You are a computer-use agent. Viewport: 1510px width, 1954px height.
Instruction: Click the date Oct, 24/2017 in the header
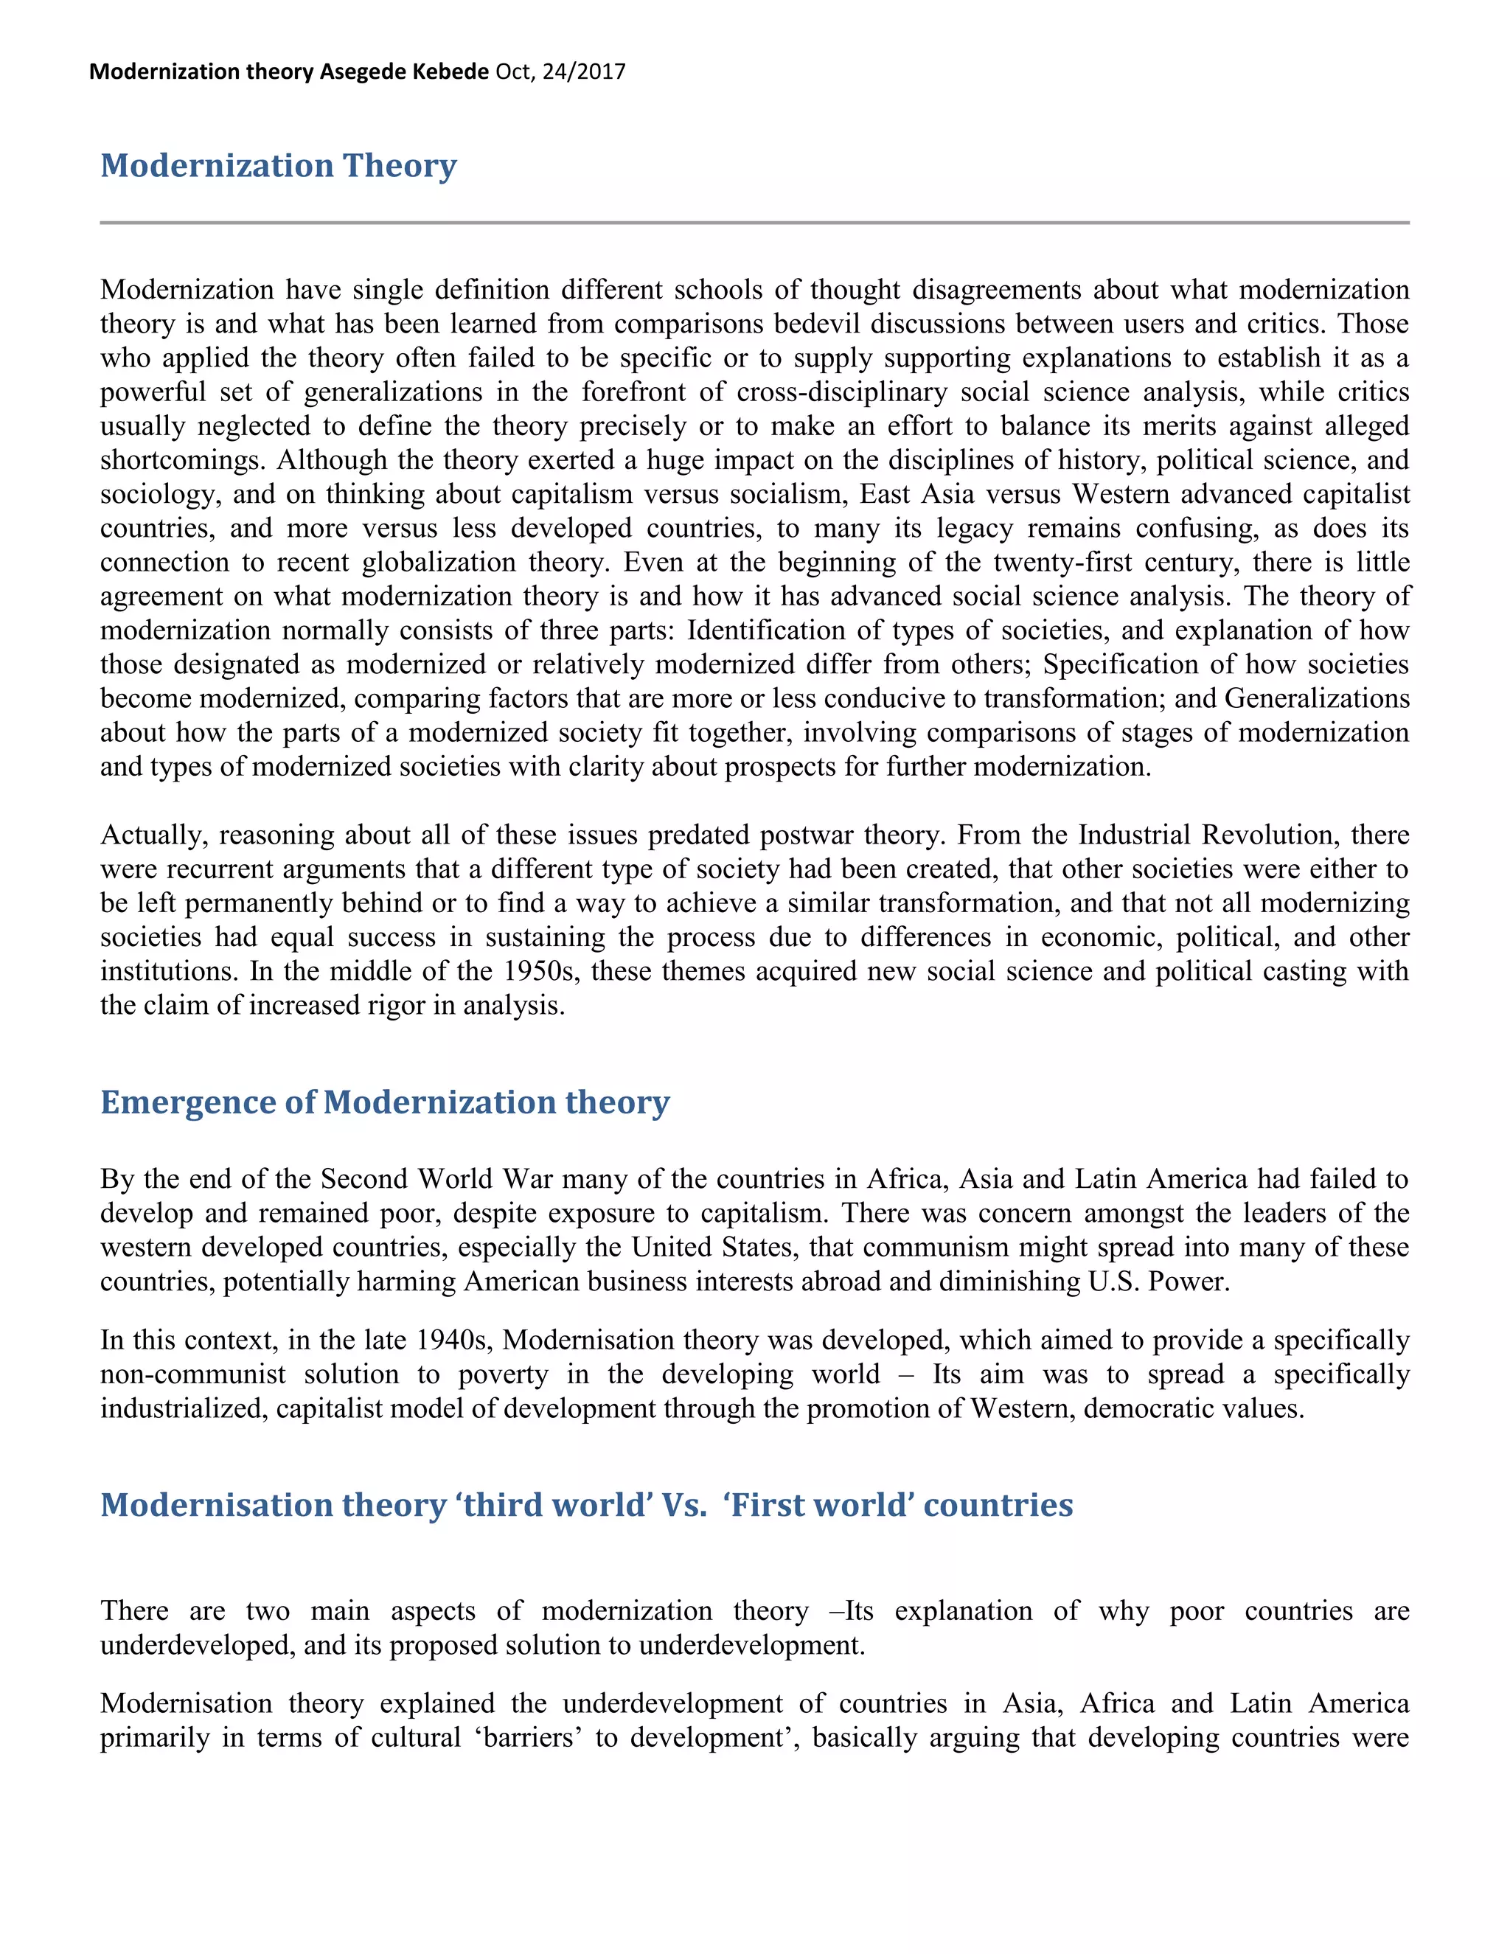click(x=560, y=72)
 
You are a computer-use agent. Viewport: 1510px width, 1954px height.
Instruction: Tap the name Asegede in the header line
click(x=362, y=72)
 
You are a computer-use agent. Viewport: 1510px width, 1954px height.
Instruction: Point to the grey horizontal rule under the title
click(x=754, y=222)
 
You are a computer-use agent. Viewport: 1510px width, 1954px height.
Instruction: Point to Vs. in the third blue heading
click(x=684, y=1505)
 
